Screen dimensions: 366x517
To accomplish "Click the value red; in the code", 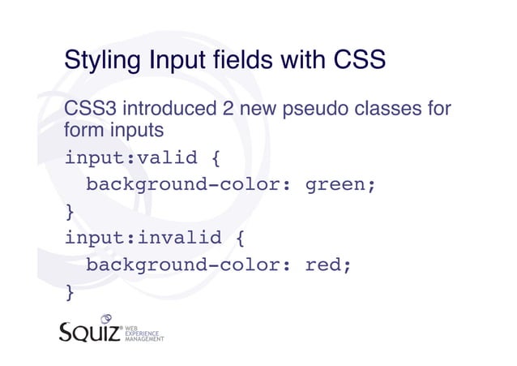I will (328, 265).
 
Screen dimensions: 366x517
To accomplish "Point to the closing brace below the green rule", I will (70, 212).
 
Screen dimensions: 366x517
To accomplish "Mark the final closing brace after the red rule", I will (70, 292).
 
